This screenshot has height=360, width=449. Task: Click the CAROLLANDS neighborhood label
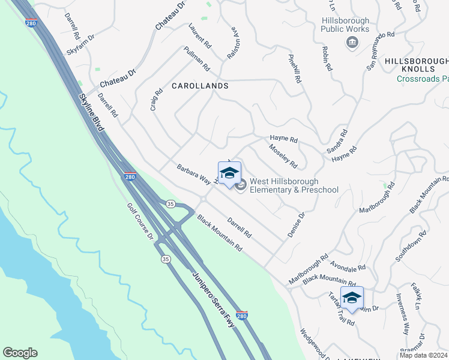click(200, 86)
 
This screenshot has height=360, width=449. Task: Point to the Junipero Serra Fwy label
click(212, 298)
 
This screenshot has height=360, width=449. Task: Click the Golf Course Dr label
click(140, 221)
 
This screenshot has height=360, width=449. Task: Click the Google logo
click(20, 353)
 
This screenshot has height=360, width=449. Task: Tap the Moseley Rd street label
click(283, 156)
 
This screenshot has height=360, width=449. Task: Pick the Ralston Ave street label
click(233, 45)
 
